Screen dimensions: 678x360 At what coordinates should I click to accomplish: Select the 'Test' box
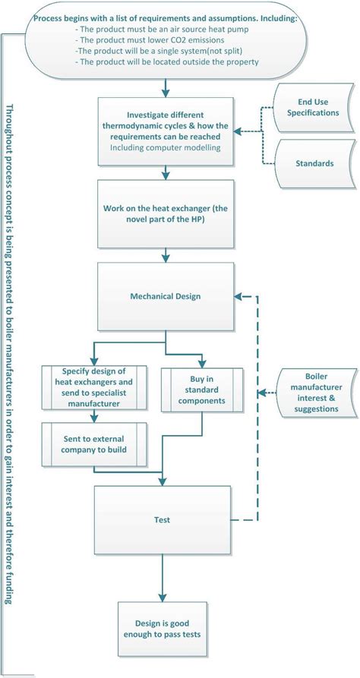click(161, 520)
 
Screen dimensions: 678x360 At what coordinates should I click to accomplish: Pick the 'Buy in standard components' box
click(201, 389)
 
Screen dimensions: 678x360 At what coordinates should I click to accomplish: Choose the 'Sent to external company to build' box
click(95, 445)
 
